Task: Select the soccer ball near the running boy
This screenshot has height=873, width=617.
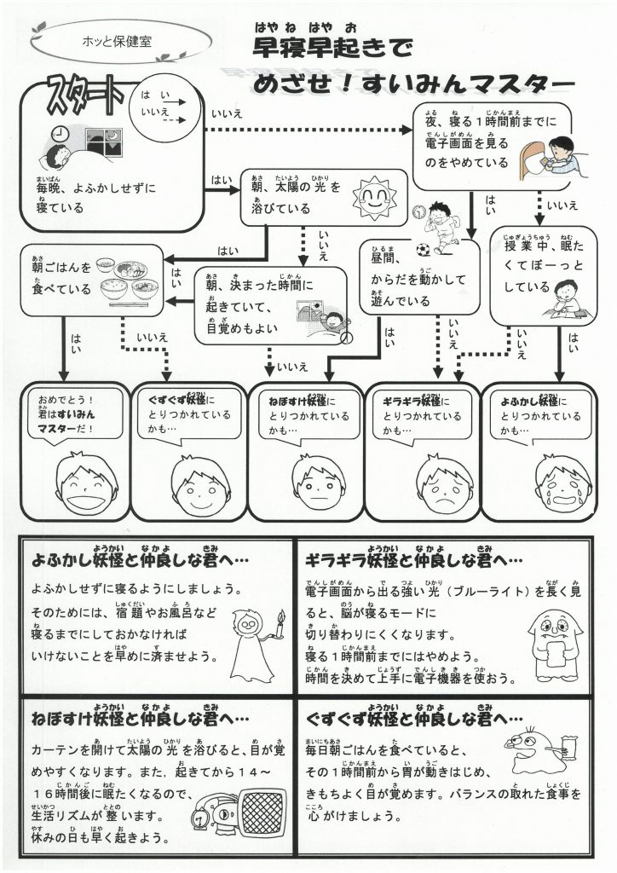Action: tap(424, 250)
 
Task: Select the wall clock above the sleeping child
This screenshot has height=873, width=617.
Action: tap(60, 133)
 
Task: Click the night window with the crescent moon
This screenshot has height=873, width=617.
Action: tap(112, 141)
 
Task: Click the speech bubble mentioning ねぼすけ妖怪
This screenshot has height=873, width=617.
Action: tap(303, 415)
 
